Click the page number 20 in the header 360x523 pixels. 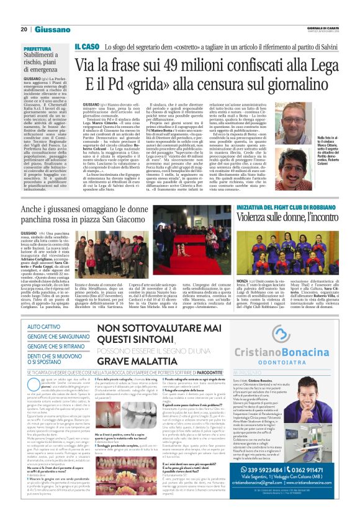pyautogui.click(x=24, y=29)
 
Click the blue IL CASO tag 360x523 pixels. pyautogui.click(x=87, y=47)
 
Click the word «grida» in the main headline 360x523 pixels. pyautogui.click(x=159, y=85)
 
